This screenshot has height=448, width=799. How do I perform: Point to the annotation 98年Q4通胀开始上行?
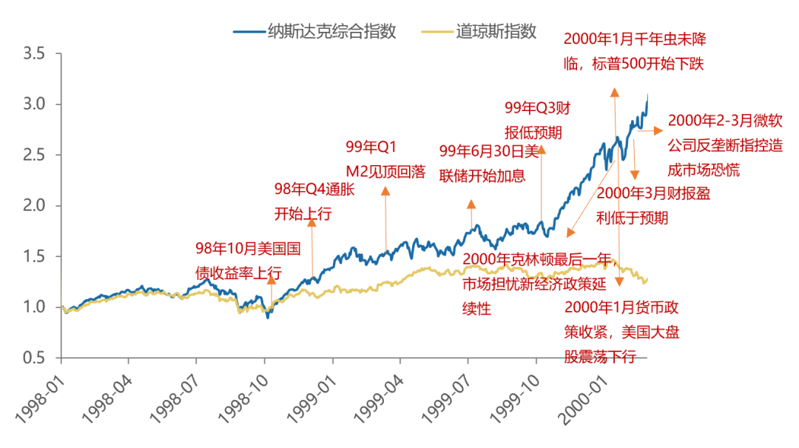pos(314,201)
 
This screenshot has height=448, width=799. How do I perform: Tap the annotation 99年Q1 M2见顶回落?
pos(385,159)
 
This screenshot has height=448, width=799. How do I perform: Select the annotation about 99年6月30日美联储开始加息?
pos(490,163)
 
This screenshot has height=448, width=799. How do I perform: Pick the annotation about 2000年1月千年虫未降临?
pos(634,51)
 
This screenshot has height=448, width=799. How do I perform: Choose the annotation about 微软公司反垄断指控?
pos(725,144)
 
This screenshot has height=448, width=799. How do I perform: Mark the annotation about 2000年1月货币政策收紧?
pos(610,332)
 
